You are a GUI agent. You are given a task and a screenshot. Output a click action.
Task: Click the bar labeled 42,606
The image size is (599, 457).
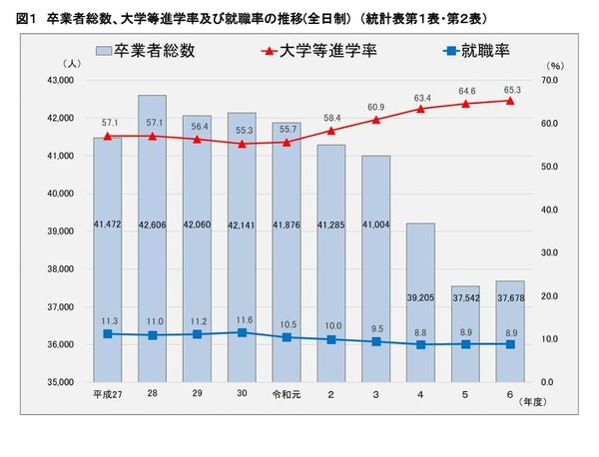point(152,239)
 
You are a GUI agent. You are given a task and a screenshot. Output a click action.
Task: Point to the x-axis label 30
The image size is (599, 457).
point(242,395)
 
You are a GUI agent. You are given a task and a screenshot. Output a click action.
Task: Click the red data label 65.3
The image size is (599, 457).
point(510,87)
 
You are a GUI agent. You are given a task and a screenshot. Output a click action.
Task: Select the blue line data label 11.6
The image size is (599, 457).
point(242,318)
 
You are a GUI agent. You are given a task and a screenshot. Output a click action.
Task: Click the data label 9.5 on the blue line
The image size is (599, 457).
point(375,328)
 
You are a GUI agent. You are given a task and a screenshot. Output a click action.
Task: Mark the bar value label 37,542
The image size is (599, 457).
point(466,297)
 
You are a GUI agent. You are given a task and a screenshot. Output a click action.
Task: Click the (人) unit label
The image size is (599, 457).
point(91,64)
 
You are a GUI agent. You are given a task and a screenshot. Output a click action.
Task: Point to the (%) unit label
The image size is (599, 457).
point(556,66)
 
